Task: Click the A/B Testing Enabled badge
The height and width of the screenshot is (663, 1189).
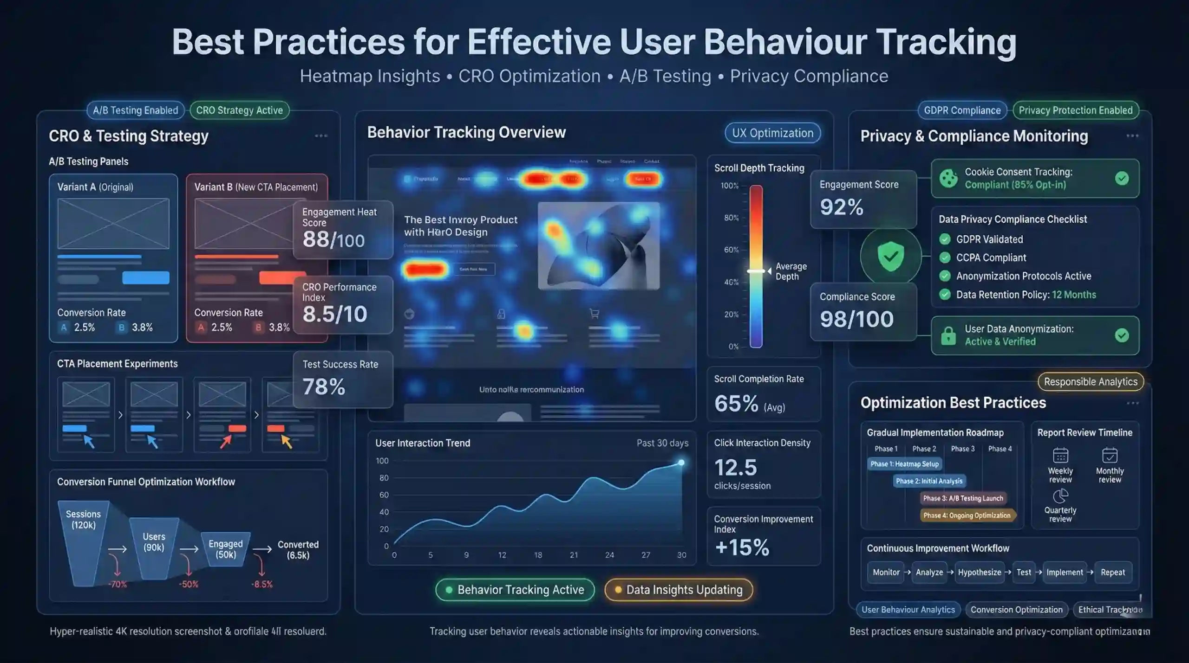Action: tap(135, 110)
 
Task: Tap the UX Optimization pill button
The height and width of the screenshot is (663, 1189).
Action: tap(772, 133)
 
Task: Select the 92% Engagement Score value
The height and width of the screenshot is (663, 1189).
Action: tap(841, 207)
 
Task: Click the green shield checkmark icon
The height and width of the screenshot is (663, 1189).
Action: tap(890, 256)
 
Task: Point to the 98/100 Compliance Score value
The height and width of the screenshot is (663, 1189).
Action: tap(856, 319)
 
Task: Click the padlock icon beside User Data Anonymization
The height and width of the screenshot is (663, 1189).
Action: tap(948, 335)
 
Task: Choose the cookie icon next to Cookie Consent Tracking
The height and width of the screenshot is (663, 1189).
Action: tap(948, 178)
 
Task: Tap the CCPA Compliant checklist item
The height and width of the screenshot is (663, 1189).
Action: tap(991, 258)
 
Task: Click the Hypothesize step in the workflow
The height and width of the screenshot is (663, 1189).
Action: tap(979, 573)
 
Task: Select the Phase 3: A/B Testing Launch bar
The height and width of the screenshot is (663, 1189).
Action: tap(963, 498)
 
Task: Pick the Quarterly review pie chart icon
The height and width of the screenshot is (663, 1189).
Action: tap(1060, 496)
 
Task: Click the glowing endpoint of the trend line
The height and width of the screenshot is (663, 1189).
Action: tap(681, 463)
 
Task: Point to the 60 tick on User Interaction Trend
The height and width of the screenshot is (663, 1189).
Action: tap(384, 495)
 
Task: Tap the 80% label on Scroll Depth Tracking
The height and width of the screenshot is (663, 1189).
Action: tap(731, 218)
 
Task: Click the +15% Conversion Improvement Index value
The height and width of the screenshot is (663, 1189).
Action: tap(742, 547)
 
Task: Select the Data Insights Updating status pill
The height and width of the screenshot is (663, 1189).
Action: tap(678, 590)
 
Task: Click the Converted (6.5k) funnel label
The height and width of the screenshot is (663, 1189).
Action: tap(298, 550)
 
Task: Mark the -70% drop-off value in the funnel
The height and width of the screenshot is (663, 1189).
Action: tap(118, 585)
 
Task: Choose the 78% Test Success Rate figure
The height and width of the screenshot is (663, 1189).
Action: tap(324, 387)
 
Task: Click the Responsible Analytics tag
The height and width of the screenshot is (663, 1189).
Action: tap(1090, 382)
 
